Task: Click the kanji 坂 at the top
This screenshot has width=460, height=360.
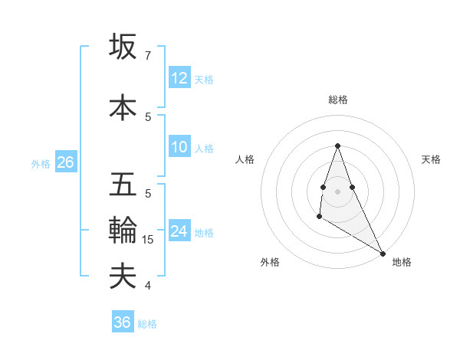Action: [x=123, y=47]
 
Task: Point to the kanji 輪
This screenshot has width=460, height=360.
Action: [x=123, y=231]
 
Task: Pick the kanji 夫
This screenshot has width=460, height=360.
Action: [x=123, y=276]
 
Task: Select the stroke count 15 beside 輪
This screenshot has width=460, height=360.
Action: [x=149, y=240]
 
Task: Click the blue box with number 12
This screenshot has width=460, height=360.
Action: [x=179, y=78]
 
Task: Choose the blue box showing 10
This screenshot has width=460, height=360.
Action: [x=179, y=147]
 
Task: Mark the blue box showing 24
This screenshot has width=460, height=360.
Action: [x=179, y=231]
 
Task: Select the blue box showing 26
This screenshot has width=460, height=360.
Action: [x=65, y=162]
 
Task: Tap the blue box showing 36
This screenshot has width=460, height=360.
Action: [x=123, y=322]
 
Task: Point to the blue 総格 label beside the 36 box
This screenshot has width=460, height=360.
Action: [x=147, y=324]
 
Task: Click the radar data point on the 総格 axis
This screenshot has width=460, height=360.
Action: [x=337, y=146]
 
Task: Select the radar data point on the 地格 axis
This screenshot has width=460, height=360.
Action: [x=383, y=254]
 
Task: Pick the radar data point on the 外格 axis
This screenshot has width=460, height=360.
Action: [x=319, y=218]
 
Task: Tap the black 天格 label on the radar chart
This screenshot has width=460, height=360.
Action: [x=431, y=159]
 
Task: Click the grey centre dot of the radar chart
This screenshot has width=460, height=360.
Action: [x=337, y=191]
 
